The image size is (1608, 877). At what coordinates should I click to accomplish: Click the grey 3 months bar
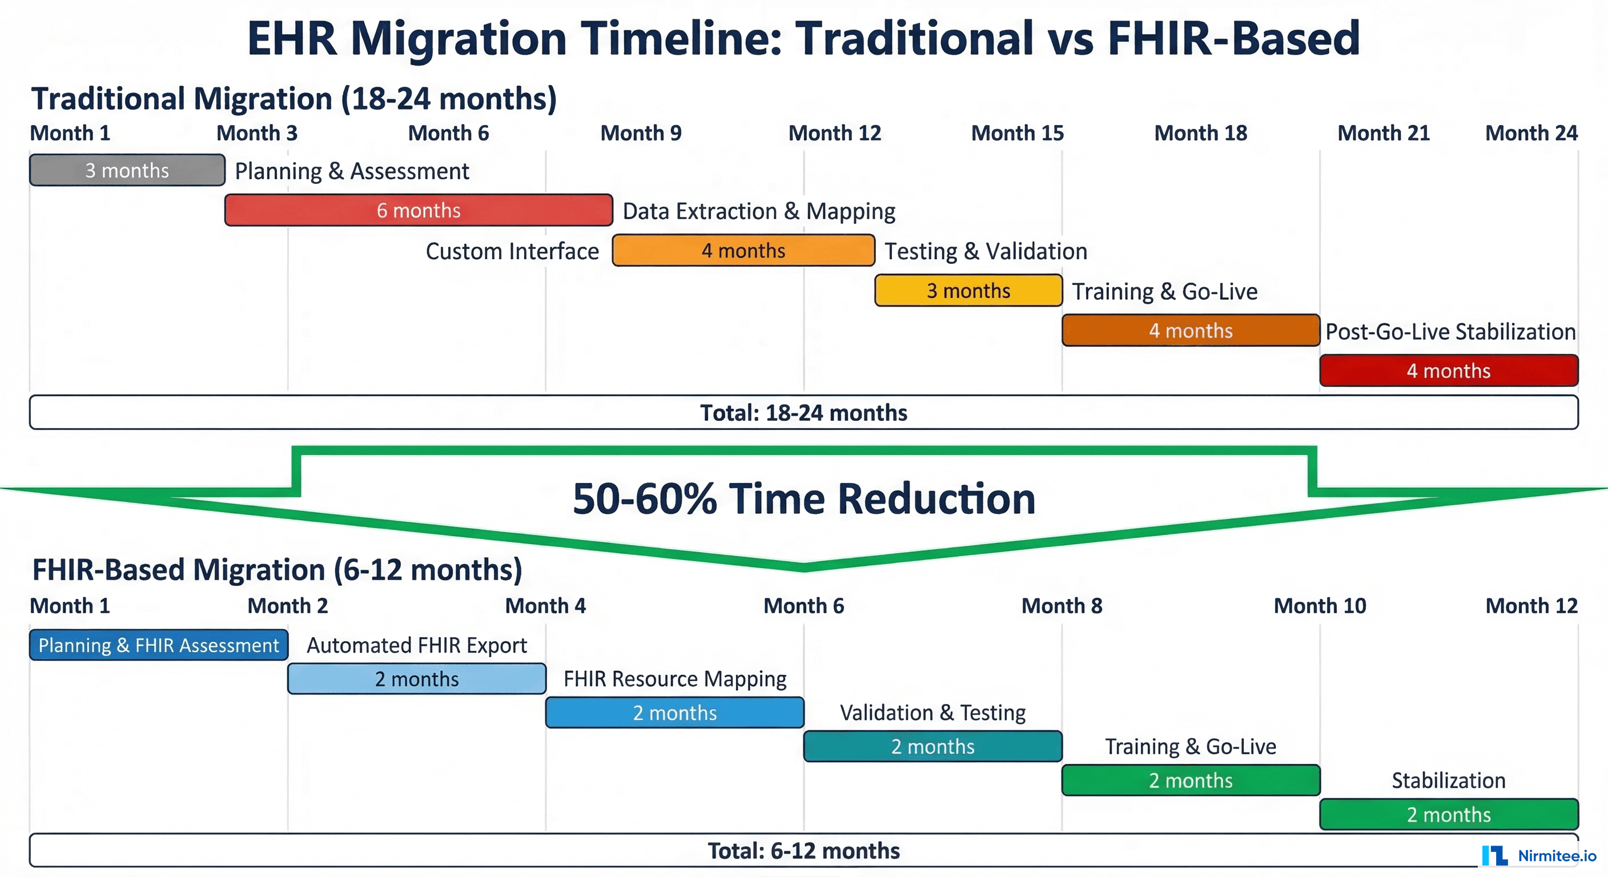(x=127, y=170)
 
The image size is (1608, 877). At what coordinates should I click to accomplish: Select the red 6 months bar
(x=418, y=210)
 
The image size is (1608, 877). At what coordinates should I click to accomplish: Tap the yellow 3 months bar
(x=968, y=290)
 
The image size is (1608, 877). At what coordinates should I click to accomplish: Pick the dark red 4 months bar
(x=1448, y=370)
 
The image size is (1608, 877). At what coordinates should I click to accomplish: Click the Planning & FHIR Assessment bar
(x=159, y=645)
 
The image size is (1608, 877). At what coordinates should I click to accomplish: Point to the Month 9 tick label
(x=641, y=133)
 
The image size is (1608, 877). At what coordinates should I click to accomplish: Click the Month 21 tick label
(x=1383, y=133)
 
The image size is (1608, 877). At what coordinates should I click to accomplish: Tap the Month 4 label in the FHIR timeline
(x=545, y=605)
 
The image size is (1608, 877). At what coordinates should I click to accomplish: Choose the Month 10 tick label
(x=1320, y=605)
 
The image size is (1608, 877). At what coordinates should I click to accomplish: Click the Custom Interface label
(x=512, y=251)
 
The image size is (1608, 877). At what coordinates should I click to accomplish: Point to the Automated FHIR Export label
(x=416, y=645)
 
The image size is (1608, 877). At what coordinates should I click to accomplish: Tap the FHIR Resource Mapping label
(x=674, y=678)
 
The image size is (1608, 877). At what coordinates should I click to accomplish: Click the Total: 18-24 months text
(x=803, y=413)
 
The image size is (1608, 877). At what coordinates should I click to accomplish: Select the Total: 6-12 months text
(x=803, y=851)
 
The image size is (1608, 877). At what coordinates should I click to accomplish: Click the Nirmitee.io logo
(x=1539, y=856)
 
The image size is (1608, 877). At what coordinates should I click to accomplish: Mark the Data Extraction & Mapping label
(x=758, y=211)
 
